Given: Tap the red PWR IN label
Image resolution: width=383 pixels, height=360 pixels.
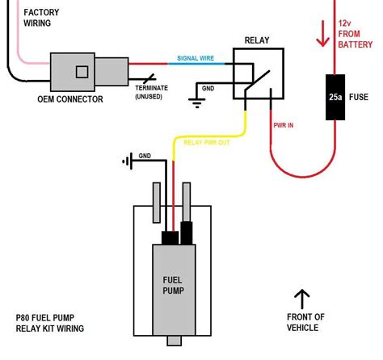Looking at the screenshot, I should coord(283,125).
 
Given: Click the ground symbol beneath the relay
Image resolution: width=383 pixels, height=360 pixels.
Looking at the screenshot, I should coord(195,102).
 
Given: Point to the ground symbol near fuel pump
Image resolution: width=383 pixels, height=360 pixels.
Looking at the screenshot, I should coord(127,161).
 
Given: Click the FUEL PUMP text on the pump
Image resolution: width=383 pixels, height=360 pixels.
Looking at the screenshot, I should coord(170,283).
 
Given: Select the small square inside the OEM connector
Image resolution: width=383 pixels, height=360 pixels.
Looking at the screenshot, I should coord(82,72).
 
